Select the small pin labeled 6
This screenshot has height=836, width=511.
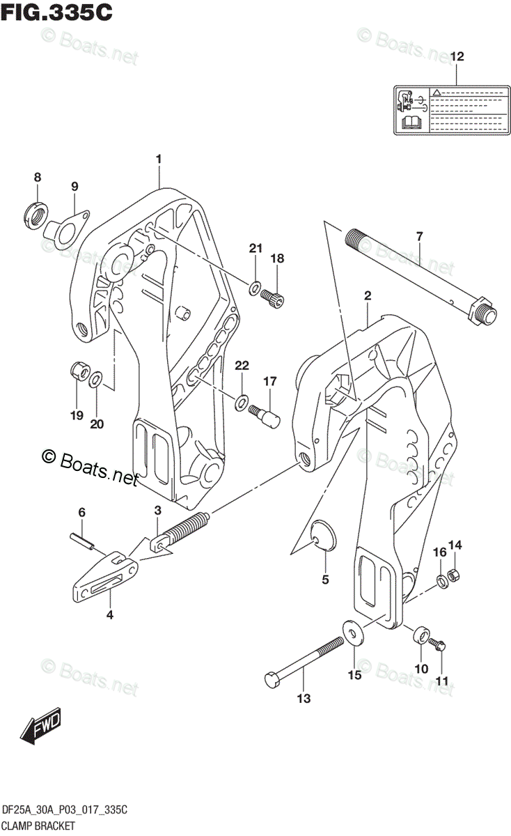(x=83, y=540)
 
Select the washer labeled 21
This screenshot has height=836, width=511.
(x=255, y=286)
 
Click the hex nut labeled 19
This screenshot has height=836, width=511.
(x=78, y=371)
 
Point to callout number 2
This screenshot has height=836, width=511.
(x=367, y=297)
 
